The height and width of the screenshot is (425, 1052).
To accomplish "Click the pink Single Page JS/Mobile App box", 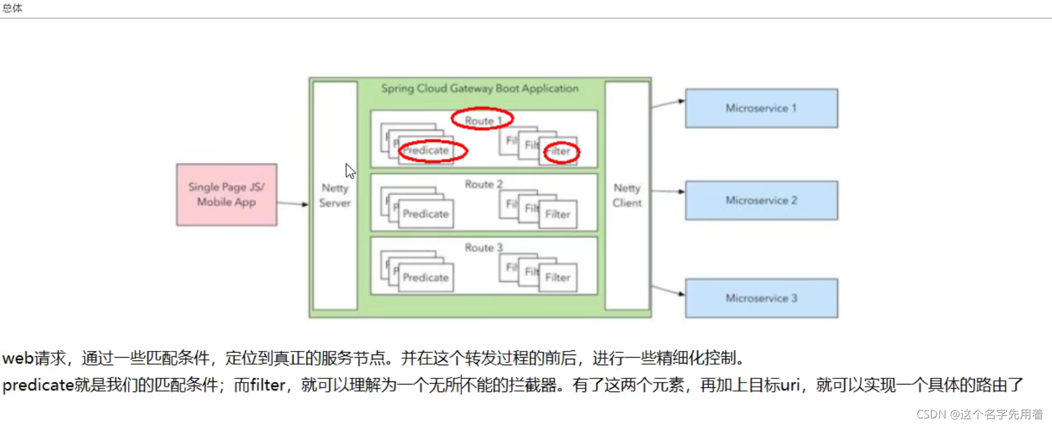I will point(227,195).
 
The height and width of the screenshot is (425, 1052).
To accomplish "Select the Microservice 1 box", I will point(761,108).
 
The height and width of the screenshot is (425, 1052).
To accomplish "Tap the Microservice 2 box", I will point(761,201).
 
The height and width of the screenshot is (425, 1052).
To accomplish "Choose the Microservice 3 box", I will point(761,298).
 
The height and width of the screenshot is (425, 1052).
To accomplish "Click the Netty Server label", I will point(335,195).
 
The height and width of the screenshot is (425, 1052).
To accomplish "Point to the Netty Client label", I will point(626,195).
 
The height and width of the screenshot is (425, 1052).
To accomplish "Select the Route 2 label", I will point(484,184).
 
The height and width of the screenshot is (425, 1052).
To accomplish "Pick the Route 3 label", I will point(484,248).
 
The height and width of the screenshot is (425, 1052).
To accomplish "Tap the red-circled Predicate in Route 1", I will point(432,150).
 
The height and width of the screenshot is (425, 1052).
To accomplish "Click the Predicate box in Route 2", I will point(426,214).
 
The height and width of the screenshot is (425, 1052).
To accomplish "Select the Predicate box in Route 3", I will point(426,278).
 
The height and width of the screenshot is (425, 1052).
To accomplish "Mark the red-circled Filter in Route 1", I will point(561,152).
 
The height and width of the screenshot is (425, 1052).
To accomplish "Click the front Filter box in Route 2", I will point(558,214).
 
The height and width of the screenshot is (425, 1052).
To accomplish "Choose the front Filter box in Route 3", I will point(558,278).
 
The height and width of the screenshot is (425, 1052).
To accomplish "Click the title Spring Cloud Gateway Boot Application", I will point(480,88).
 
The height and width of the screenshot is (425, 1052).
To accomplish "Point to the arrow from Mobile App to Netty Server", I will point(292,204).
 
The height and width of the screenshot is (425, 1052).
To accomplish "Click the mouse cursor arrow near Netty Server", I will point(350,171).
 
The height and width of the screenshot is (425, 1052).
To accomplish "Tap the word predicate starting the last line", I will point(38,385).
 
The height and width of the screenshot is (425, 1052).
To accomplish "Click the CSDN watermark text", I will point(980,414).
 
